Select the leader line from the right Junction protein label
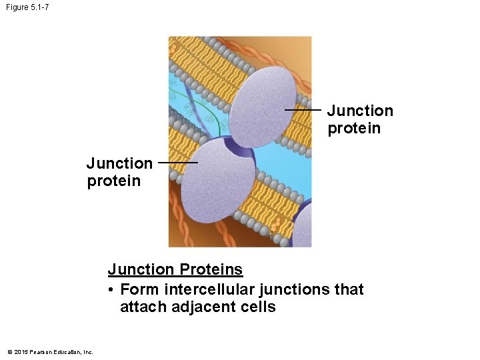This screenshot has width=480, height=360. click(x=303, y=110)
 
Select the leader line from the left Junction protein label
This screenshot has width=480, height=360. click(x=179, y=162)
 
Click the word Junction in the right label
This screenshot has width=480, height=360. click(x=360, y=111)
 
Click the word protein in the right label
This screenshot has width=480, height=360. click(x=354, y=128)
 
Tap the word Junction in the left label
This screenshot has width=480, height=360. click(x=119, y=163)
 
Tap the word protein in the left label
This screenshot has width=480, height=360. click(x=113, y=181)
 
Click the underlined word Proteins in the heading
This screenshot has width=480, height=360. click(x=211, y=270)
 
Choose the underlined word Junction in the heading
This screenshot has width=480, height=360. click(x=140, y=270)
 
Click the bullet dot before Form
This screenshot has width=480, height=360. click(x=111, y=290)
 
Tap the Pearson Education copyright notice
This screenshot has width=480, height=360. click(x=50, y=352)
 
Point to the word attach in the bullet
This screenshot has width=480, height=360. click(x=141, y=307)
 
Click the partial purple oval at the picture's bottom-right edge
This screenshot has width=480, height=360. click(x=304, y=227)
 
